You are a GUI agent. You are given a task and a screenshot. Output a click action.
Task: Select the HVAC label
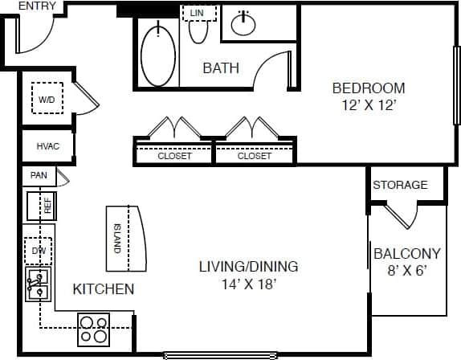pos(44,147)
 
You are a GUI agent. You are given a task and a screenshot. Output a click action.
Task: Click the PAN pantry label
pos(38,175)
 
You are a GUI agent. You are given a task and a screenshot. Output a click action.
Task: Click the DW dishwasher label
pos(39,250)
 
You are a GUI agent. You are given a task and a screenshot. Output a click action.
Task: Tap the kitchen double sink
pos(37,284)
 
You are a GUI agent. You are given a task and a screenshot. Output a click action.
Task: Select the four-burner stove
pos(93,329)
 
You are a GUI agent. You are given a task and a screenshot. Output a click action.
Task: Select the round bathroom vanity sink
pos(244,25)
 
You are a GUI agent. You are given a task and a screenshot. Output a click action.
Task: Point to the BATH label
pos(220,68)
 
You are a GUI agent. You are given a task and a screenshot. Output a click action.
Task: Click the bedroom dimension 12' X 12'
pos(369,104)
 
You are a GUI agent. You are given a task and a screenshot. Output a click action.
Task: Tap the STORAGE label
pos(400,185)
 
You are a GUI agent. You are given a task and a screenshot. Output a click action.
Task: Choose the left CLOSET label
pos(174,156)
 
